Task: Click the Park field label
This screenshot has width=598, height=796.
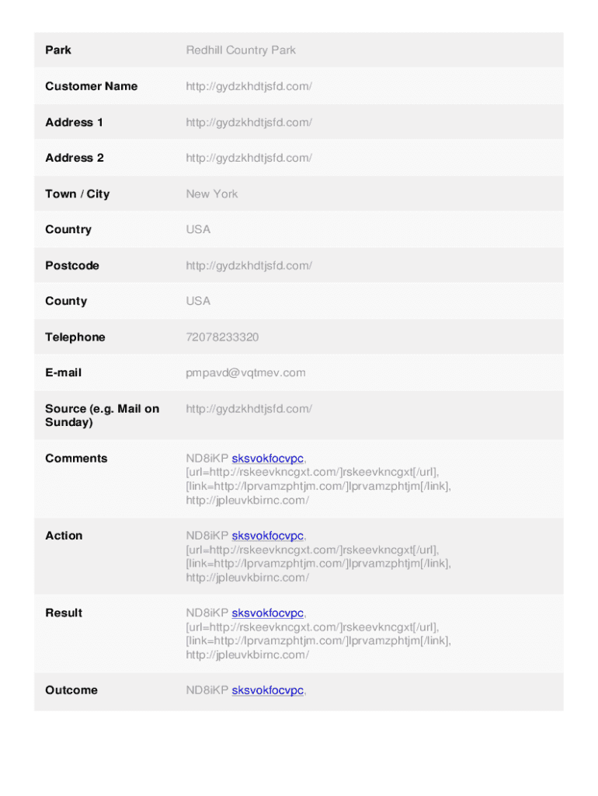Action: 58,51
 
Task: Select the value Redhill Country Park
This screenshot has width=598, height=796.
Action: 241,51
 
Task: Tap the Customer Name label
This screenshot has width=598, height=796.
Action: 91,86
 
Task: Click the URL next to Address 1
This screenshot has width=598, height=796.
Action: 249,122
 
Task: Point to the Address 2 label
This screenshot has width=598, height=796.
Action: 75,158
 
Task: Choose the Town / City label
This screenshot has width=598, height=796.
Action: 78,194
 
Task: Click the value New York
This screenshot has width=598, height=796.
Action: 212,194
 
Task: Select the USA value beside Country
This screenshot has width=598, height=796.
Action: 198,229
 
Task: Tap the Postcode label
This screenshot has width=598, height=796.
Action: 72,266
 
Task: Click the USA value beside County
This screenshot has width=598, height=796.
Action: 198,301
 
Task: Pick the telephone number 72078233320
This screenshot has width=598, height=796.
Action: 222,337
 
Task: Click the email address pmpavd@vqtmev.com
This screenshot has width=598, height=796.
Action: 245,373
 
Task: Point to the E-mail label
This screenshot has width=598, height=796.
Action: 64,373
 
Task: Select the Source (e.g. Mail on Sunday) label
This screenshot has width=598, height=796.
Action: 102,416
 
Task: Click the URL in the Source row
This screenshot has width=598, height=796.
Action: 249,409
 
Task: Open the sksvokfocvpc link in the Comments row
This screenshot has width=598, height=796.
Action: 267,459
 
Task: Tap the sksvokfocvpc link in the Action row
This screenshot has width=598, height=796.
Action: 267,536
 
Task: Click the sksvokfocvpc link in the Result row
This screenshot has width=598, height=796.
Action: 267,613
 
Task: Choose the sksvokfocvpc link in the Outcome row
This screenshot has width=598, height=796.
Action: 267,690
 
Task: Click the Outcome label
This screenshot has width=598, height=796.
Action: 71,690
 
